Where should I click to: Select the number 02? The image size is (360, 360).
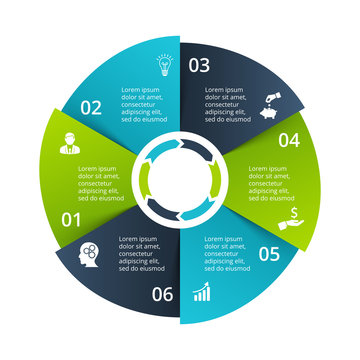[91, 107]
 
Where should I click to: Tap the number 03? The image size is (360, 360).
[199, 66]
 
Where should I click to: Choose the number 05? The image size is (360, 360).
[269, 253]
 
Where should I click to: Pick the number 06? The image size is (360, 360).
[163, 294]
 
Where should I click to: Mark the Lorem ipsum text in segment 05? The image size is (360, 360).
[227, 252]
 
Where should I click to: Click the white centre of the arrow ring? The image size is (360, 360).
[181, 180]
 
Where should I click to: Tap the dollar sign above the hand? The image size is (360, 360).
[293, 211]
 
